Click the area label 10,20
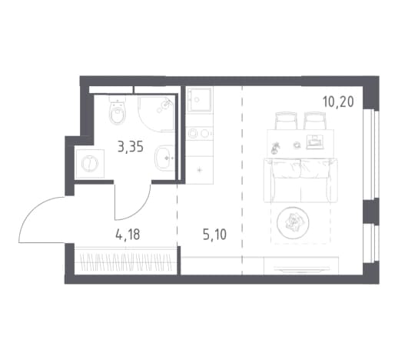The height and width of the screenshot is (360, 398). tap(338, 102)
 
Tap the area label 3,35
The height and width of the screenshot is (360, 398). tap(131, 147)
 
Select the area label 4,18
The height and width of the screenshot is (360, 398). tap(128, 235)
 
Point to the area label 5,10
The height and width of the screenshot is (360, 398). tap(214, 235)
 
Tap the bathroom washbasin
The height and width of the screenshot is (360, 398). tap(164, 158)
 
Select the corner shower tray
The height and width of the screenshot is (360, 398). tap(157, 114)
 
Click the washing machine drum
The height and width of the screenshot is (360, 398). tap(90, 163)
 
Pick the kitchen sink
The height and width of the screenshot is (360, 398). tap(200, 99)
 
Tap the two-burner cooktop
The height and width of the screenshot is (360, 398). tap(200, 133)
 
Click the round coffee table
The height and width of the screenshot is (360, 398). tap(293, 222)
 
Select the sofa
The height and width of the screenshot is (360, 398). tap(300, 181)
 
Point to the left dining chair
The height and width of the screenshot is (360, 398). tap(286, 121)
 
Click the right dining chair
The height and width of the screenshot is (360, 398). tap(315, 121)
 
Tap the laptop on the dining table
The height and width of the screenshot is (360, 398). tap(314, 142)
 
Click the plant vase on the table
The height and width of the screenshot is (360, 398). tap(274, 148)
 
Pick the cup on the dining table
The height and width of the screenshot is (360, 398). tap(297, 145)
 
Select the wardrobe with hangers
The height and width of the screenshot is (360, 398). tap(125, 261)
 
